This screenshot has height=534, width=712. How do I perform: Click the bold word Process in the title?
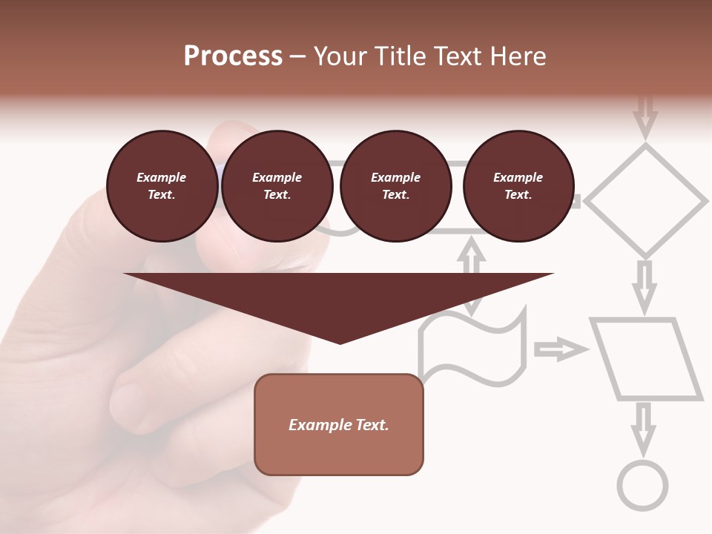233,56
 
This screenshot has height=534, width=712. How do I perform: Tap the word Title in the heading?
400,56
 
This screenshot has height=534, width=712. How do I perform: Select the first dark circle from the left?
162,186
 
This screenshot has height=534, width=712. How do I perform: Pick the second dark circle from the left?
277,186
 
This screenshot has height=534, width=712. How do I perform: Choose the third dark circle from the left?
396,186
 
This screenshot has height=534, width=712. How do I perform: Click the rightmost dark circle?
518,186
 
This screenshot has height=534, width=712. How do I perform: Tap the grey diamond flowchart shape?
646,200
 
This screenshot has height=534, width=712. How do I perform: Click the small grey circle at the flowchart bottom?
643,486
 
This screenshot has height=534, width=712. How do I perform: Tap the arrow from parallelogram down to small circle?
644,426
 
